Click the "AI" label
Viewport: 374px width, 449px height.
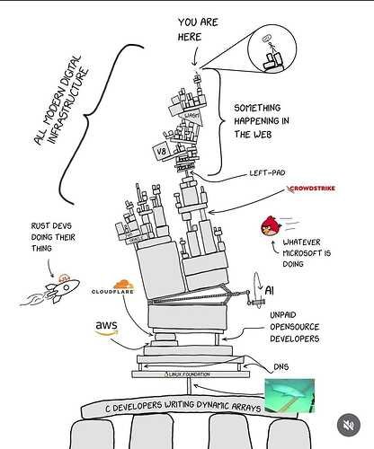click(x=269, y=289)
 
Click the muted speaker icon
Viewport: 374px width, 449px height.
click(x=347, y=424)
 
